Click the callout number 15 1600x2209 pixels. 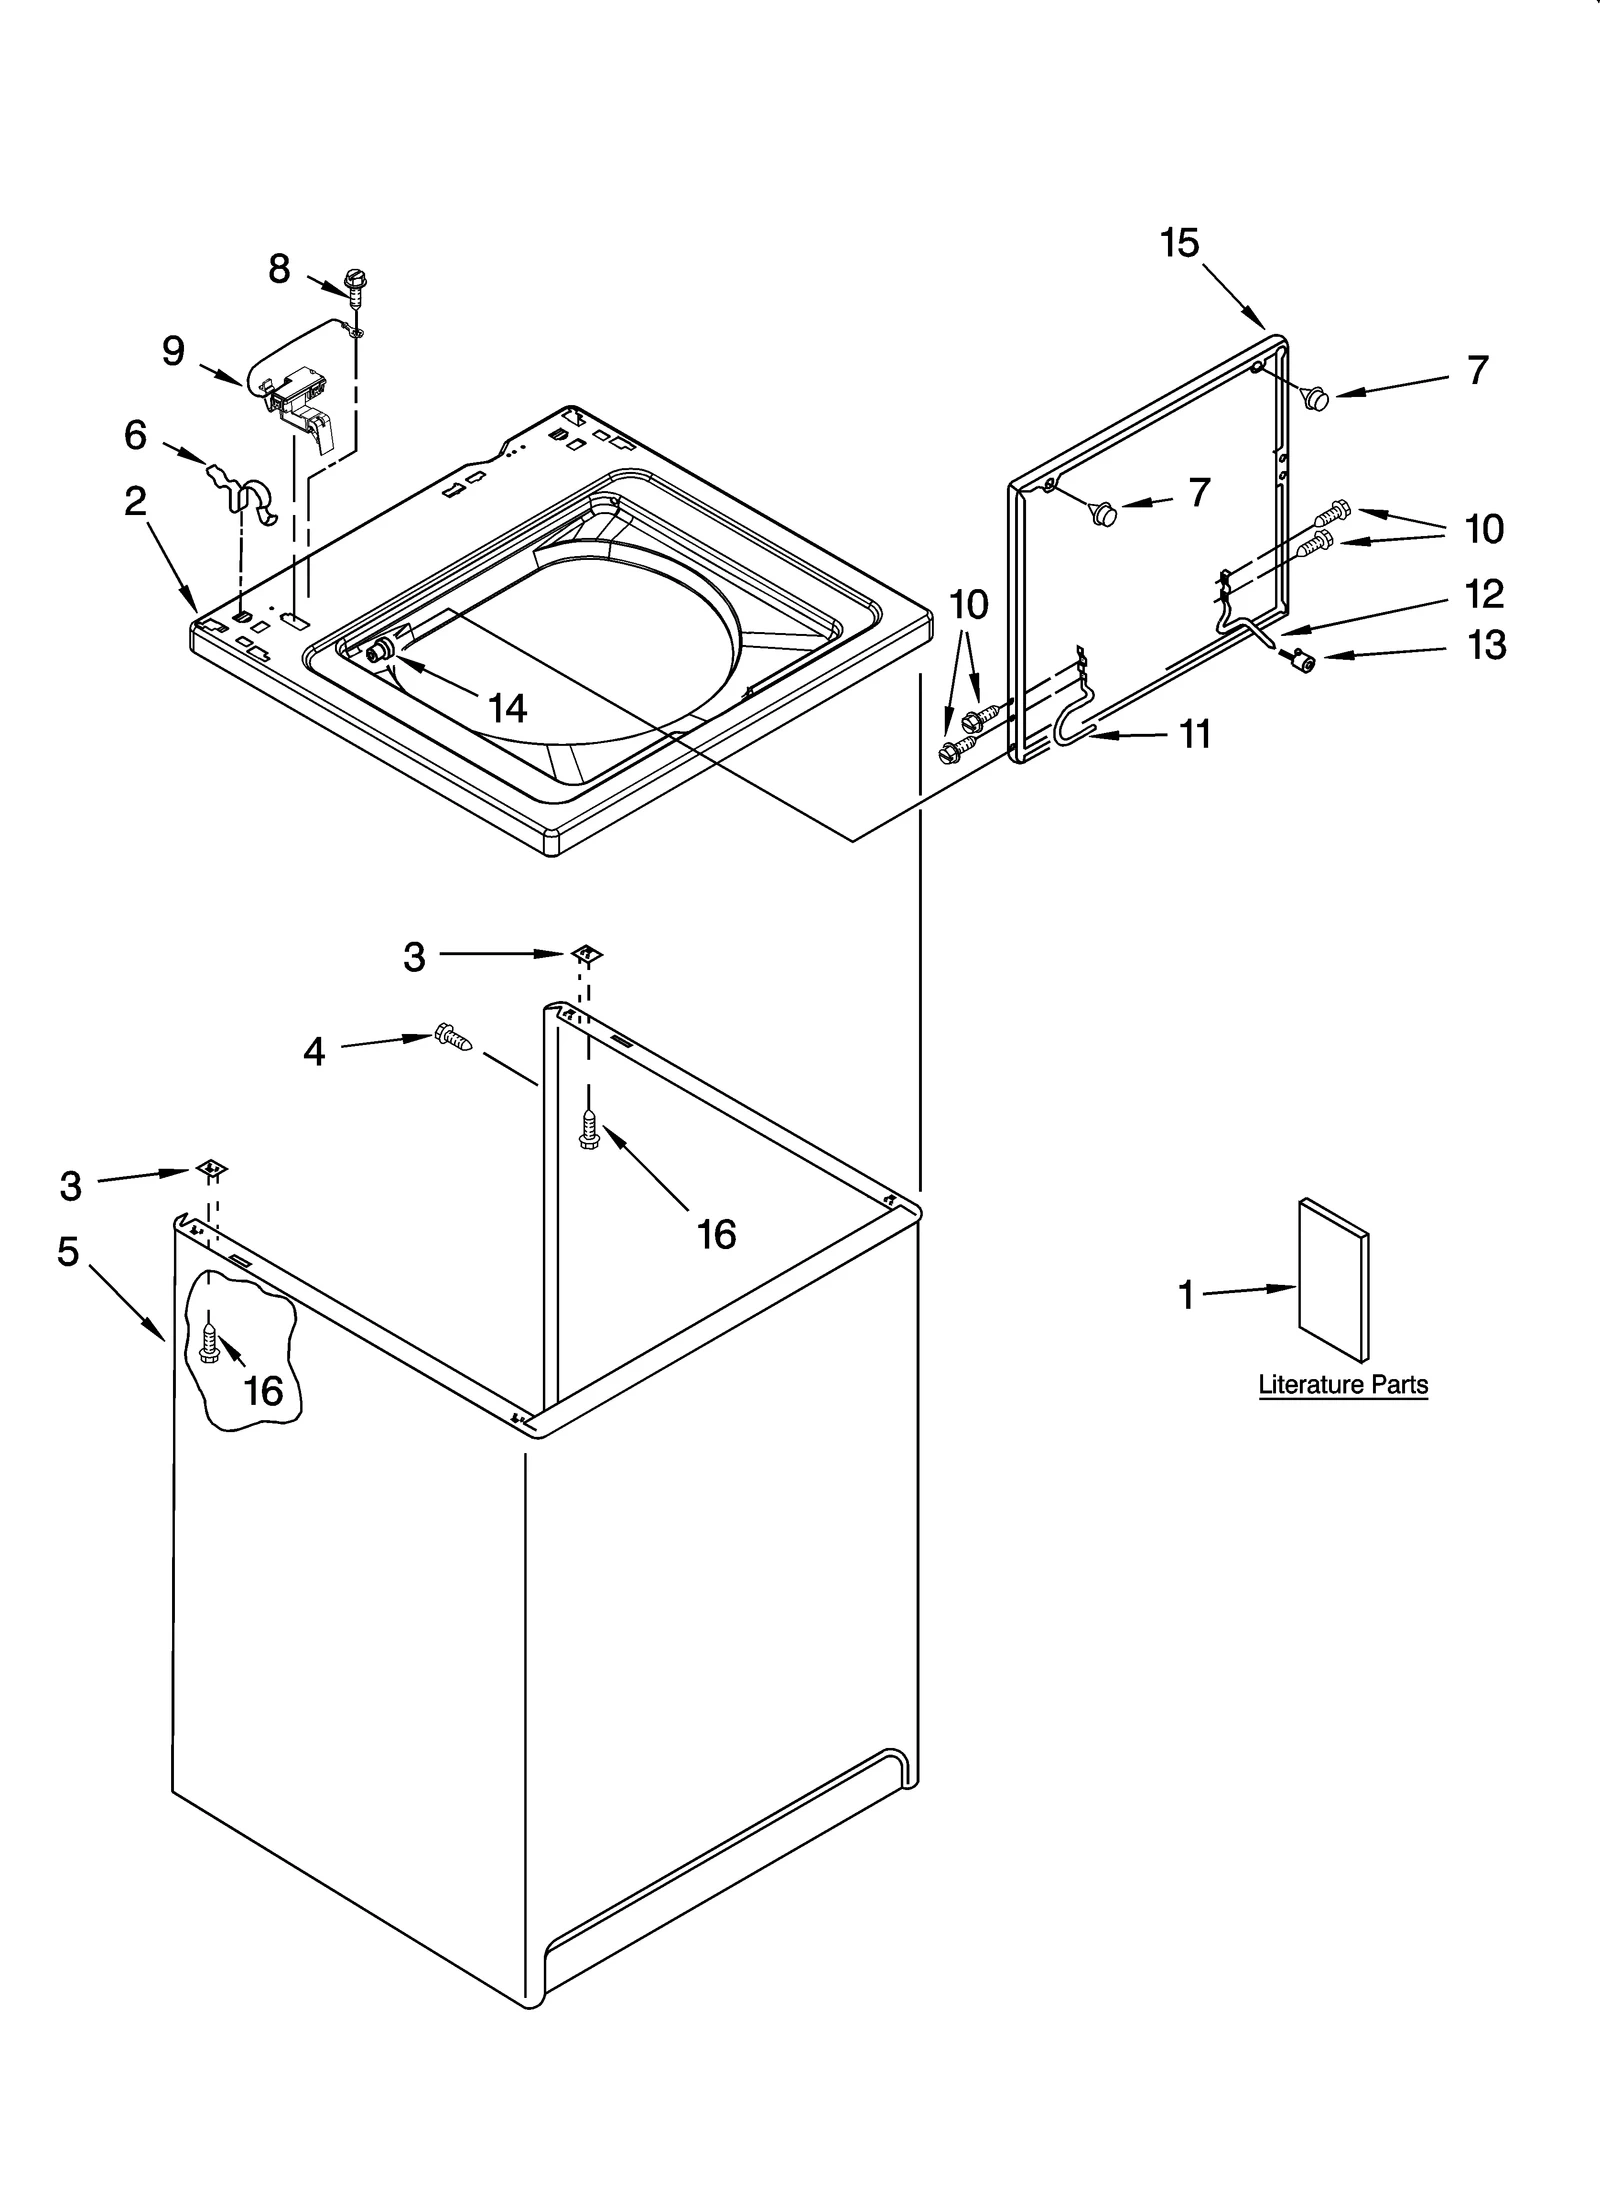click(1180, 243)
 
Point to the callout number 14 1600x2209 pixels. click(507, 708)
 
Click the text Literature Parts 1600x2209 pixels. click(1342, 1385)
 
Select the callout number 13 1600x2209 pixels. click(1486, 646)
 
